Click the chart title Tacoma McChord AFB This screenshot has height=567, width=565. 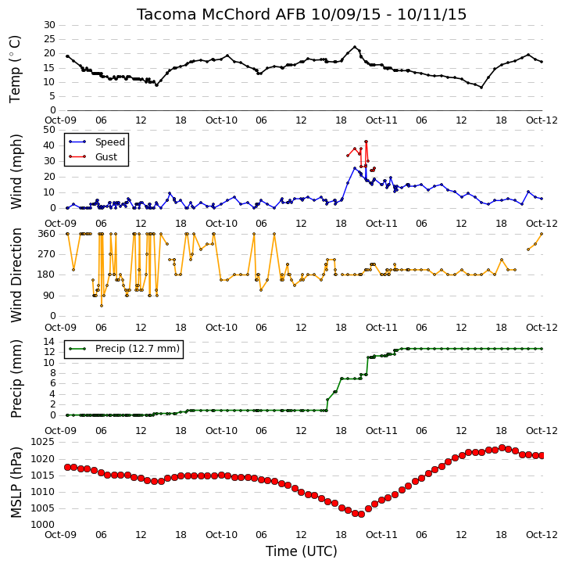point(220,14)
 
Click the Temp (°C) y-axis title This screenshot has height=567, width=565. point(15,69)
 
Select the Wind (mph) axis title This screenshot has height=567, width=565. point(16,171)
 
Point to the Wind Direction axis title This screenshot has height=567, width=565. point(16,275)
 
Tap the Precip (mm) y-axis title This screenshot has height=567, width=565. point(16,379)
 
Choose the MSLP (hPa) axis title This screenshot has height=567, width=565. point(16,483)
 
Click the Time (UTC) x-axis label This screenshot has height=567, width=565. point(302,551)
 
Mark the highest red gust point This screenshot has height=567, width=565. point(366,142)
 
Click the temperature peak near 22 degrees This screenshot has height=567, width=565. point(355,47)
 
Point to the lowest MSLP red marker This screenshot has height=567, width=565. point(361,514)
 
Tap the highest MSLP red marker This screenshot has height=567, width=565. point(502,447)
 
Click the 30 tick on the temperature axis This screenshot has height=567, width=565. point(49,25)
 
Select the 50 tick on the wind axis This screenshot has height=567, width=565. point(49,130)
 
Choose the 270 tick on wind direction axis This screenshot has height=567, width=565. point(47,254)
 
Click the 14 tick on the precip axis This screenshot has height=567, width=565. point(49,342)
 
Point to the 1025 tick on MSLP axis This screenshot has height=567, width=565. point(43,442)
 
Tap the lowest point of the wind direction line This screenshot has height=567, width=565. point(102,306)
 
